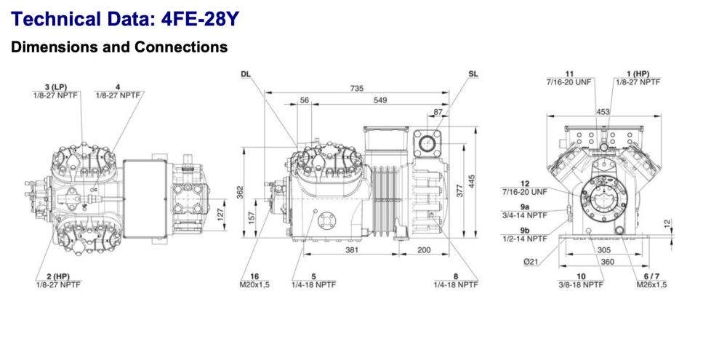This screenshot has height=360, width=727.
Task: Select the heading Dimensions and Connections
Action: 119,47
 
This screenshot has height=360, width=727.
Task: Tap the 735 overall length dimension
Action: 356,88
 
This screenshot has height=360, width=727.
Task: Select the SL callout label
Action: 473,74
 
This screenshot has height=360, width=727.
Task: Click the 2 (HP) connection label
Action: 54,277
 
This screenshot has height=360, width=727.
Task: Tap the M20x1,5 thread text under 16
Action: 254,285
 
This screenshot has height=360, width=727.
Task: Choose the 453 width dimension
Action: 603,111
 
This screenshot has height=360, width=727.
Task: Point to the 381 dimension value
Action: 351,249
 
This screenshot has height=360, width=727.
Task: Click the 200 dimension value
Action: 425,249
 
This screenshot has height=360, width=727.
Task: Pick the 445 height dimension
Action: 473,179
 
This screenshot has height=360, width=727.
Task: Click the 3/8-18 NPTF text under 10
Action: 580,285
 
